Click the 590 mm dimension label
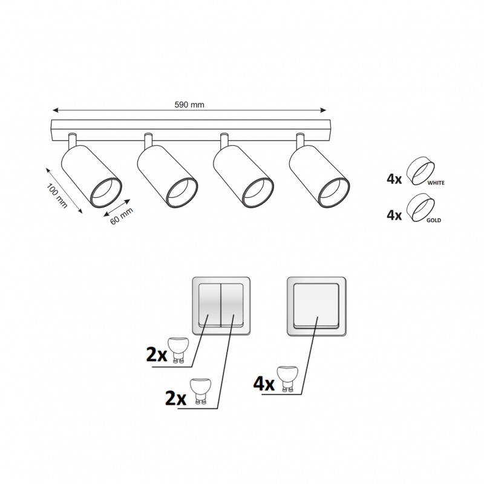[189, 105]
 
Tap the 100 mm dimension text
[57, 195]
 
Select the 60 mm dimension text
[122, 216]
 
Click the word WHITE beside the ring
[436, 183]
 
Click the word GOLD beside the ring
[434, 220]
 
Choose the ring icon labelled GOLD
[420, 208]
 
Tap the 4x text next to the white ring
[394, 178]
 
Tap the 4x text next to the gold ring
[394, 215]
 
